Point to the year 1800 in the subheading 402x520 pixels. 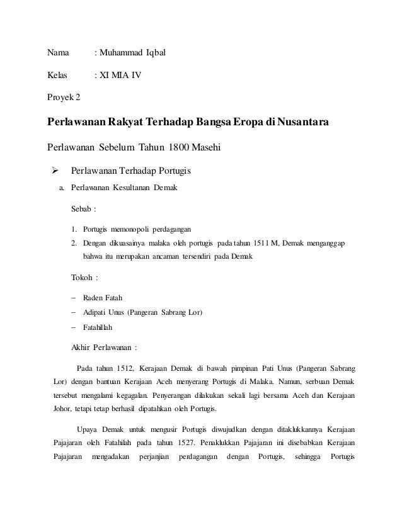[183, 148]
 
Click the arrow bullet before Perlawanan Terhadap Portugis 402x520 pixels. [54, 171]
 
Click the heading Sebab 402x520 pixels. [83, 208]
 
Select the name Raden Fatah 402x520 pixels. [103, 298]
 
